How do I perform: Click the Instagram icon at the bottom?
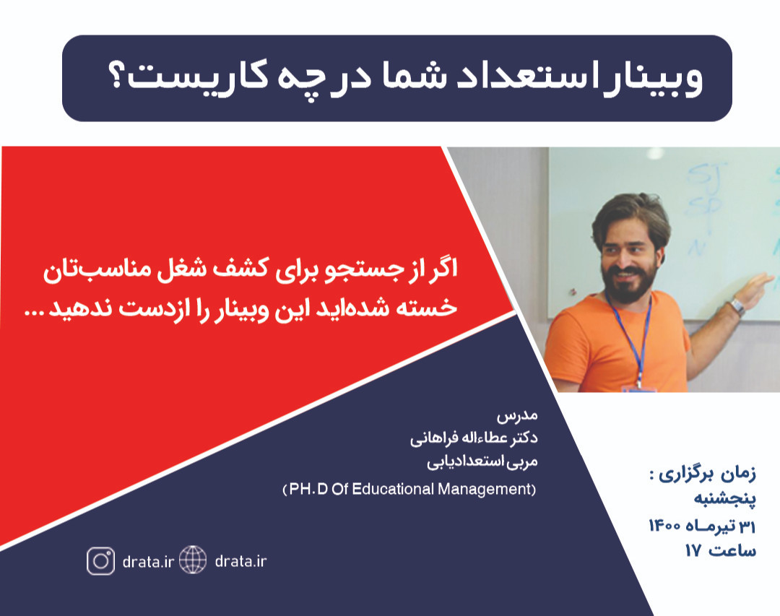(100, 561)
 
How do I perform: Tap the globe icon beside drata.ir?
(193, 560)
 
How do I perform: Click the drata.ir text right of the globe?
(240, 561)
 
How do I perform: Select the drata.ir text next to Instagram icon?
(148, 562)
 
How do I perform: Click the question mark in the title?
(118, 76)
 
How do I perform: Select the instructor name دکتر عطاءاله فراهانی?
(474, 438)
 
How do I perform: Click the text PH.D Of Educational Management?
(409, 490)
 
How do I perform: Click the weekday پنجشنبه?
(725, 498)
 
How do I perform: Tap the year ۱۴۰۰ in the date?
(666, 526)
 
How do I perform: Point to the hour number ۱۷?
(693, 551)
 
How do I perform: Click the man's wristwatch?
(737, 305)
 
